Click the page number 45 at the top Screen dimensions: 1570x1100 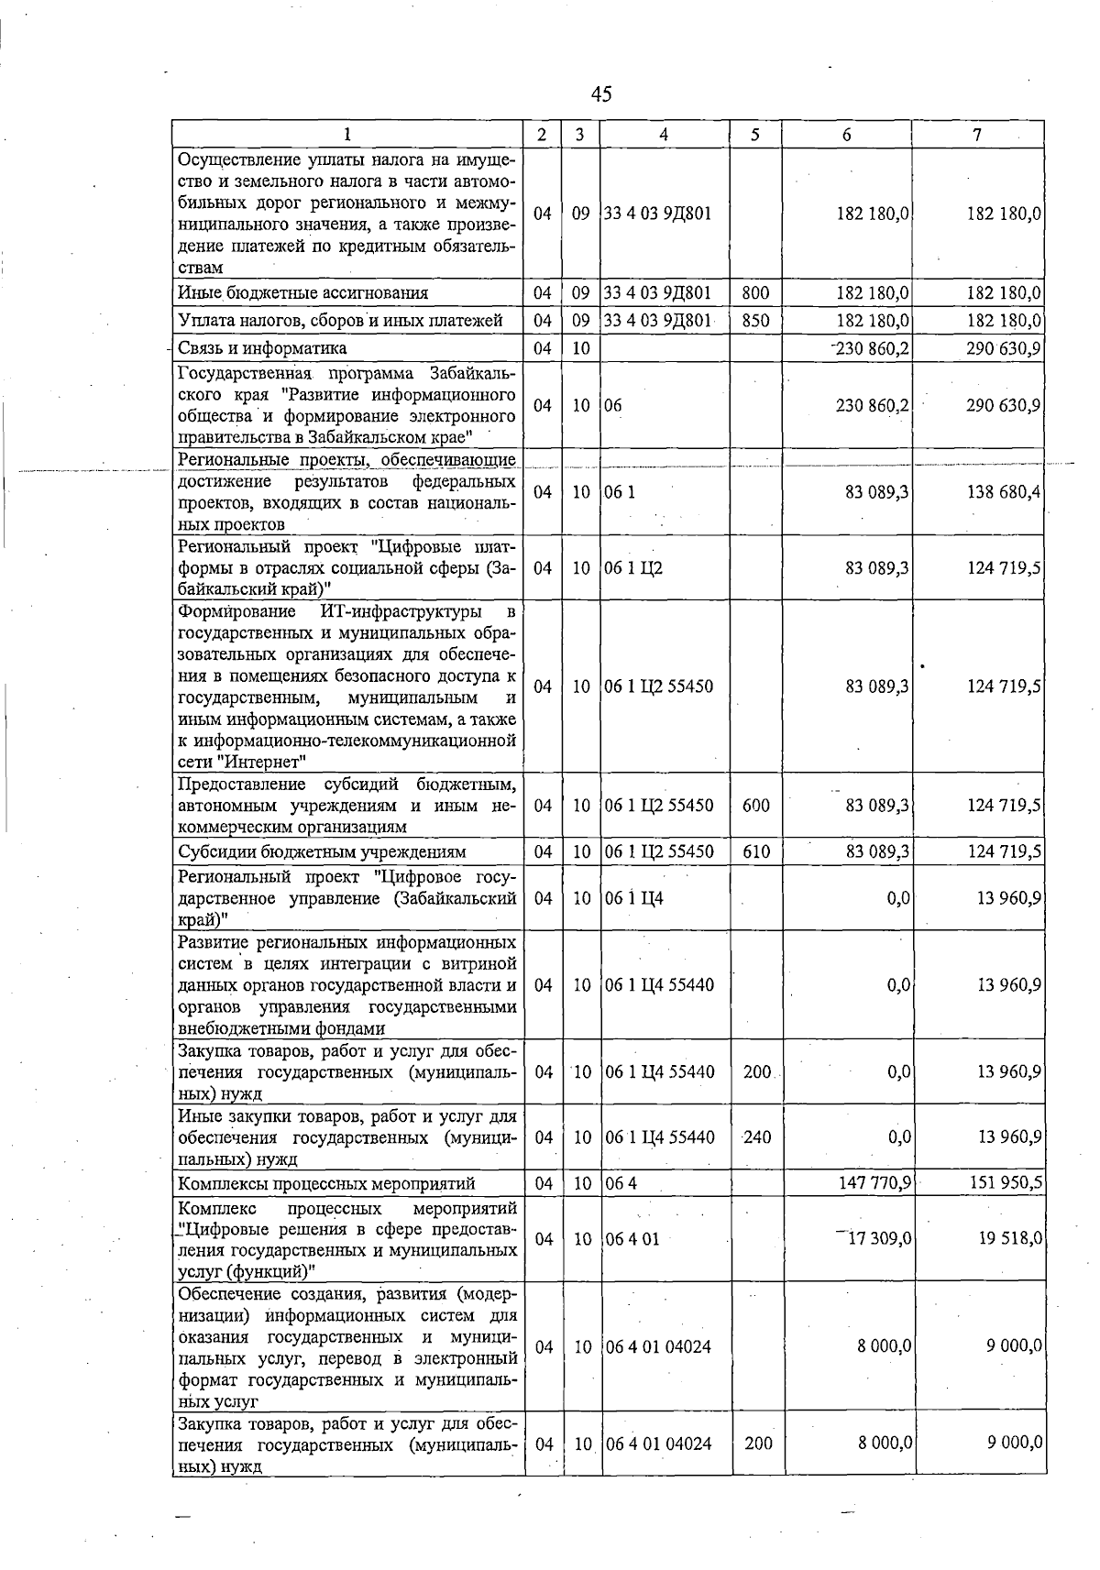(600, 93)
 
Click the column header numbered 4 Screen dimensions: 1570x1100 (664, 135)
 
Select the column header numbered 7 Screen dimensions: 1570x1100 (977, 135)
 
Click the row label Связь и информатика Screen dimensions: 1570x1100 (262, 348)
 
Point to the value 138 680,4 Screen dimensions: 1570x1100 (1004, 492)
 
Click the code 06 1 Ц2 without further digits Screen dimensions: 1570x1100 (633, 568)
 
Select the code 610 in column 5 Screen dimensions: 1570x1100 (756, 851)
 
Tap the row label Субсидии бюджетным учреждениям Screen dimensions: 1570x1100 (322, 851)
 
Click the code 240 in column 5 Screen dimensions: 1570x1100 (757, 1137)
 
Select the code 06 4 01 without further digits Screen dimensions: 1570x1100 (632, 1239)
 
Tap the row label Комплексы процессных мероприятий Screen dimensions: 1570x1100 (326, 1184)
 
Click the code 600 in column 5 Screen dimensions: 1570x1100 (756, 806)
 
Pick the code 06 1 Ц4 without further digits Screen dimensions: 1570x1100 (633, 898)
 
